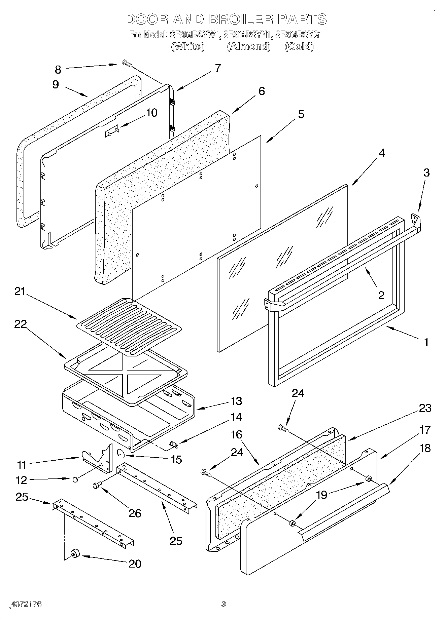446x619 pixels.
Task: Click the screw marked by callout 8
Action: point(127,63)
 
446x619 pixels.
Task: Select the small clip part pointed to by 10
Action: point(112,131)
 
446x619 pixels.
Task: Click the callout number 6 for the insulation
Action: point(261,91)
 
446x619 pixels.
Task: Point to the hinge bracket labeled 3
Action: point(416,219)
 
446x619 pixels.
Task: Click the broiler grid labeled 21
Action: point(130,325)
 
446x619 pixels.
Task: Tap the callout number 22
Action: point(21,324)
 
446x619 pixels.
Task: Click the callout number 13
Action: point(236,401)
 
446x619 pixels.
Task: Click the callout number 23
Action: point(425,408)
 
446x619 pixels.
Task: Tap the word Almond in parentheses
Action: point(248,46)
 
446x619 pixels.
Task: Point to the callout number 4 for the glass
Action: point(381,153)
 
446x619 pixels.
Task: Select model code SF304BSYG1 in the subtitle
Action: point(299,35)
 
